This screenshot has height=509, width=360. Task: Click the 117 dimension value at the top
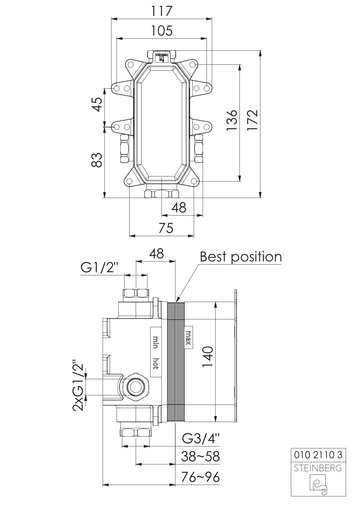tap(162, 11)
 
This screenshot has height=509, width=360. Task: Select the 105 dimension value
tap(162, 31)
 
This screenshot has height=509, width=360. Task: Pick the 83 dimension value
tap(97, 160)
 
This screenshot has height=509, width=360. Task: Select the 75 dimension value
tap(166, 228)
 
